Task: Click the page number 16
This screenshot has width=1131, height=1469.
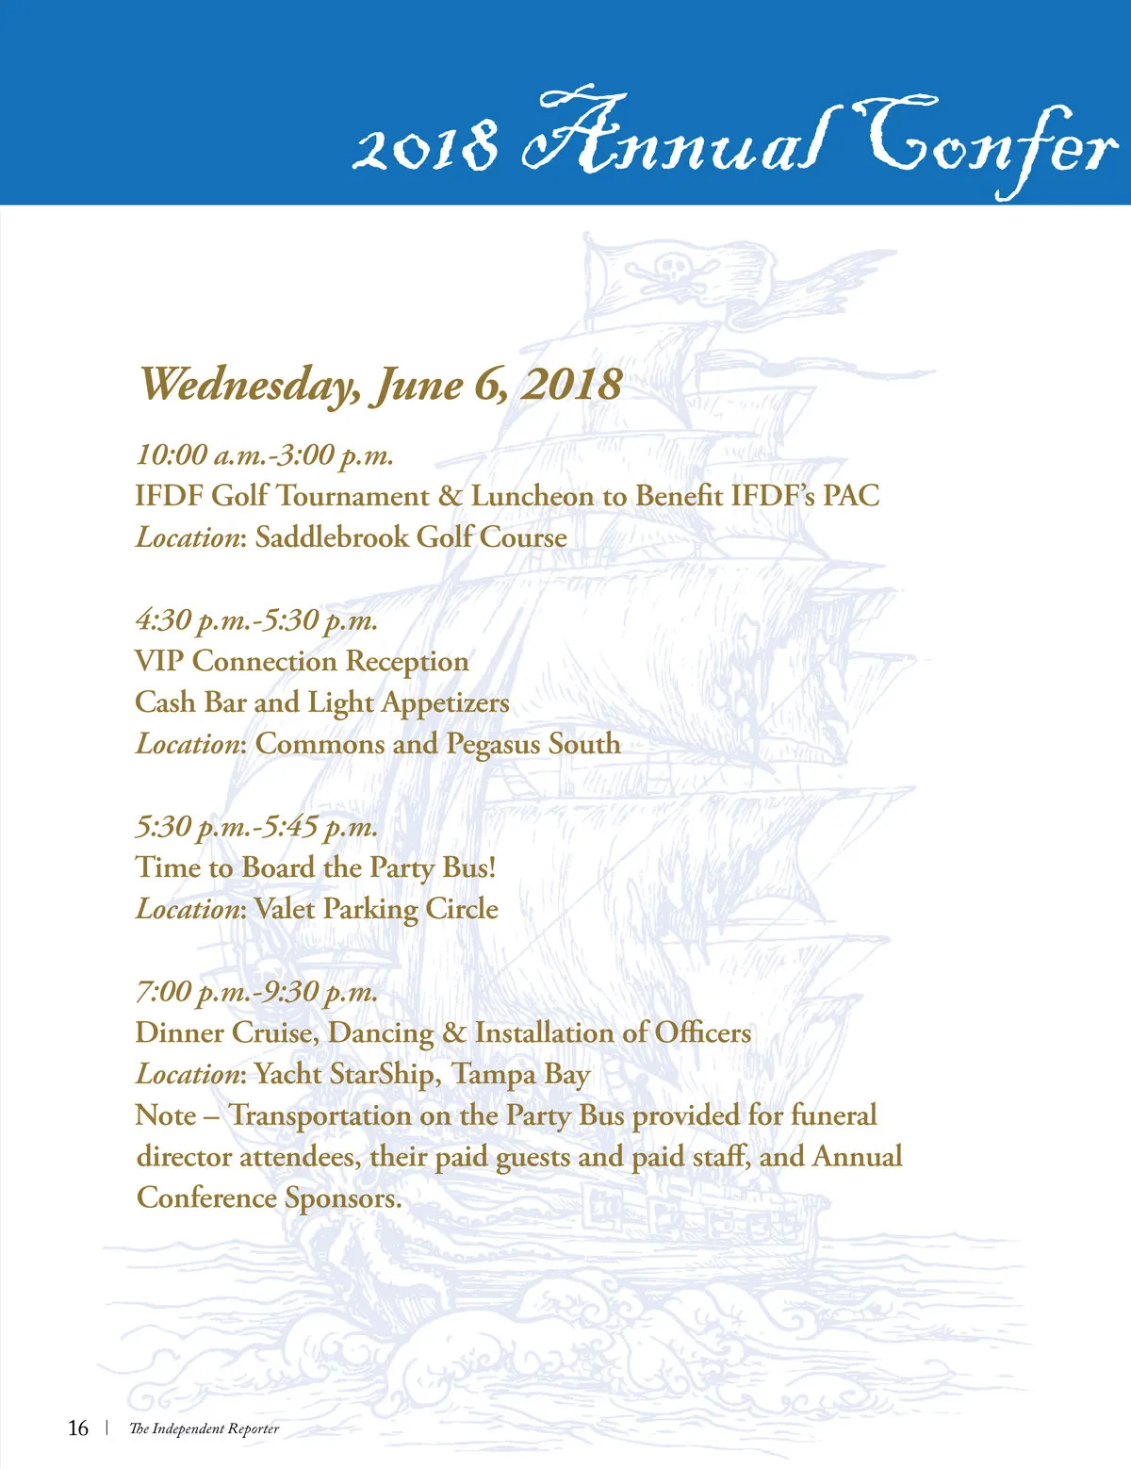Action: point(78,1428)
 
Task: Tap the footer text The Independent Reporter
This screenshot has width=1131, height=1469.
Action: point(204,1429)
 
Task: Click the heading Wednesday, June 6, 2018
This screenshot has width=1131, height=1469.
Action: point(381,384)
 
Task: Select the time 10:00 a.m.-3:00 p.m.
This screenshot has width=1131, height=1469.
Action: point(264,455)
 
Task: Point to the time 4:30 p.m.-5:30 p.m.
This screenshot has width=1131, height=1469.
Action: point(256,620)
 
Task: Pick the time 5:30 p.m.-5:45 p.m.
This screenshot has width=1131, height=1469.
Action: point(256,827)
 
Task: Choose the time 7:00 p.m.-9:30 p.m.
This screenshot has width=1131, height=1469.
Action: point(256,992)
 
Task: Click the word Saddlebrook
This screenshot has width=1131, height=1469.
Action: point(332,537)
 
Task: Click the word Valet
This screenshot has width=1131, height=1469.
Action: point(285,909)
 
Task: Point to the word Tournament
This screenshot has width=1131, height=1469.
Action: point(352,496)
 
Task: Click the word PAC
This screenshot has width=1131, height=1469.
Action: point(851,496)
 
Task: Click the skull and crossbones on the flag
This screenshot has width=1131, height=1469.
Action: point(672,272)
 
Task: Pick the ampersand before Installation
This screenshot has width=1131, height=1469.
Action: point(454,1032)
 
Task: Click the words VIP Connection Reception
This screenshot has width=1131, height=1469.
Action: point(302,662)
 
